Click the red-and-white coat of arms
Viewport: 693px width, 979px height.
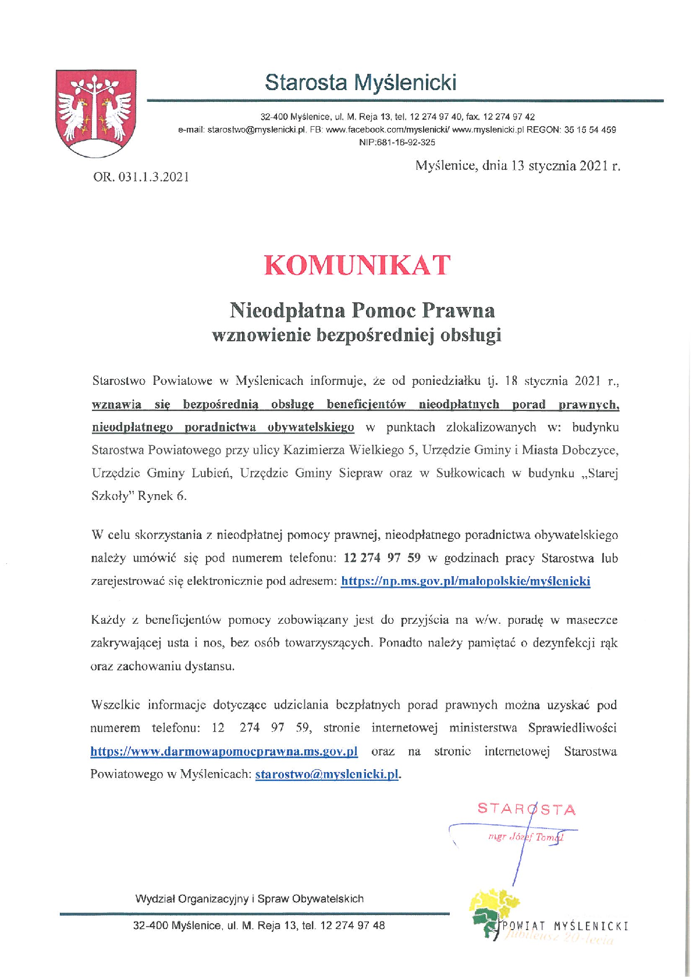96,113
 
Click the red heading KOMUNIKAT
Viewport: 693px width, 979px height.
357,265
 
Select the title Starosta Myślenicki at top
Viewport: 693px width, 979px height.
360,83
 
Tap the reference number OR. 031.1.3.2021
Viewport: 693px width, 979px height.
141,177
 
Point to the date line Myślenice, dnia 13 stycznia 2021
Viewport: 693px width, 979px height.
517,166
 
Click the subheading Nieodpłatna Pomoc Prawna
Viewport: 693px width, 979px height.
362,310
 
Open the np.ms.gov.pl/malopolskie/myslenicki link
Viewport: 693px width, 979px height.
465,581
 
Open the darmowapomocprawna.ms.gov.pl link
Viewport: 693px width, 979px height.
224,751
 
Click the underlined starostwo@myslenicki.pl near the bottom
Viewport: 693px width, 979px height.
327,774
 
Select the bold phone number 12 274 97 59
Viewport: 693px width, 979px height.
382,558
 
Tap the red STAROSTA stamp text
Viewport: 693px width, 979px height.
527,809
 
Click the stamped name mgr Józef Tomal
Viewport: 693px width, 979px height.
526,837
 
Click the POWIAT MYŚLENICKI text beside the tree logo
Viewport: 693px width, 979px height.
565,926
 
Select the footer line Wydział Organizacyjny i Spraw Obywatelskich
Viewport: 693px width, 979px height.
250,899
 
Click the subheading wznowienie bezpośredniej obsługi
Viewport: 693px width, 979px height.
357,335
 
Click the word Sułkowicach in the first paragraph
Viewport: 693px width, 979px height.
470,473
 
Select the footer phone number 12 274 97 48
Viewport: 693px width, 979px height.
352,926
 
